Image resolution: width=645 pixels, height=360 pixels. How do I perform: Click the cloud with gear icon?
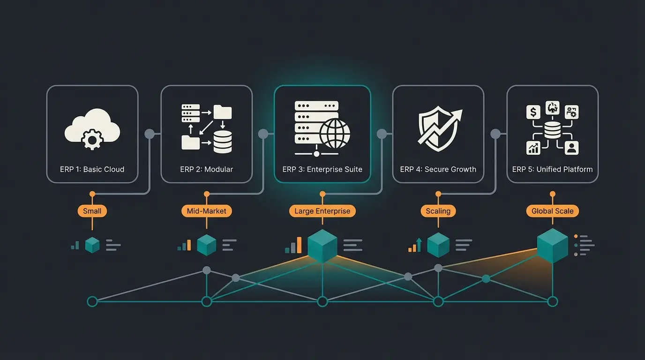pos(92,128)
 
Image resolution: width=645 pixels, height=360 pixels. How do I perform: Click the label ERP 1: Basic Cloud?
pos(92,169)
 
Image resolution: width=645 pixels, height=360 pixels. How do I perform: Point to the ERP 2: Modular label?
pos(206,169)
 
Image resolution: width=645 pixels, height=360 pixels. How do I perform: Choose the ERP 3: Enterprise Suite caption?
pos(322,169)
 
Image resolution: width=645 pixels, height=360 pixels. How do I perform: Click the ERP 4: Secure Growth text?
pos(438,169)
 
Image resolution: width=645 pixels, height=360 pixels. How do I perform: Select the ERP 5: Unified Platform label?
pos(552,169)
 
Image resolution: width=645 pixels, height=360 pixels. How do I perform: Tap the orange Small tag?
pos(92,211)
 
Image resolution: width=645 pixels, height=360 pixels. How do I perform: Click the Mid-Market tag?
pos(206,211)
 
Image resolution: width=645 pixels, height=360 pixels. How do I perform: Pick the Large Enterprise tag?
pos(322,211)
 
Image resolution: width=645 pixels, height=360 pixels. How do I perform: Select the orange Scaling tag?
pos(438,211)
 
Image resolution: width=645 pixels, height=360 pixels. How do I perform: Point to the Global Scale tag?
pos(552,211)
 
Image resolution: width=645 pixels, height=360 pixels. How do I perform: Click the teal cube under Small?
pos(92,245)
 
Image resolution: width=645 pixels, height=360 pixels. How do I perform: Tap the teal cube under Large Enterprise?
pos(322,246)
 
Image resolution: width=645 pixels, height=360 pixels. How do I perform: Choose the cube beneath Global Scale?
pos(552,246)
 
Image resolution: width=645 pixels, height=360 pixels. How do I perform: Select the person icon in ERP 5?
pos(571,148)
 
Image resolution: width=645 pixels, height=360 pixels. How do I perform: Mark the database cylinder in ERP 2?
pos(223,142)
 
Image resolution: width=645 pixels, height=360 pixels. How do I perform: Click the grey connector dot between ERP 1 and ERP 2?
pos(150,134)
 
